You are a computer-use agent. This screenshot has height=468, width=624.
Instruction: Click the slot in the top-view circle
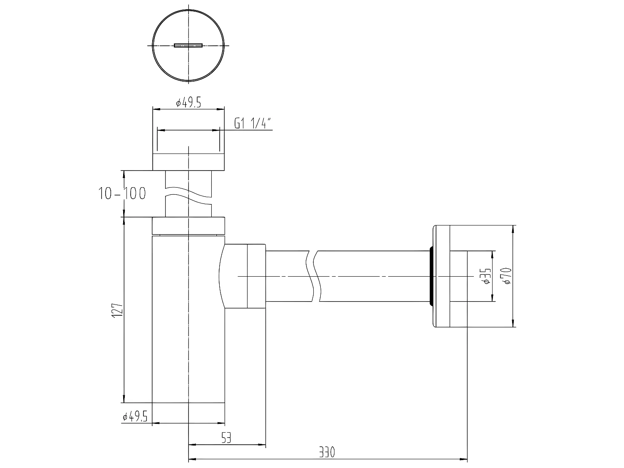[188, 45]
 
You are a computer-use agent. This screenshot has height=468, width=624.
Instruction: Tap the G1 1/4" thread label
[253, 124]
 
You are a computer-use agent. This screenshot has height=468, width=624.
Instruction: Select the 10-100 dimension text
[122, 193]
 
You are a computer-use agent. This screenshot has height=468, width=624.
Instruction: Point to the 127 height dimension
[117, 310]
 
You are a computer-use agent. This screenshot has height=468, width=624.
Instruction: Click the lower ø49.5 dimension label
[135, 417]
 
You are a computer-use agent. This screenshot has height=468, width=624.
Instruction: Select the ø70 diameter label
[506, 276]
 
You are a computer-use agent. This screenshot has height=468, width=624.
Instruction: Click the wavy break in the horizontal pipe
[314, 276]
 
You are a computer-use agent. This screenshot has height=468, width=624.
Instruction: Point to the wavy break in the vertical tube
[189, 199]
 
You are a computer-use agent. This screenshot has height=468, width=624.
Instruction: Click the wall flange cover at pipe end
[442, 276]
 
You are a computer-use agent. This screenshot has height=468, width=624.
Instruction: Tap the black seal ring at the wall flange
[431, 276]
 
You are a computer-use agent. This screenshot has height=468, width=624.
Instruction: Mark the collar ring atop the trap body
[188, 225]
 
